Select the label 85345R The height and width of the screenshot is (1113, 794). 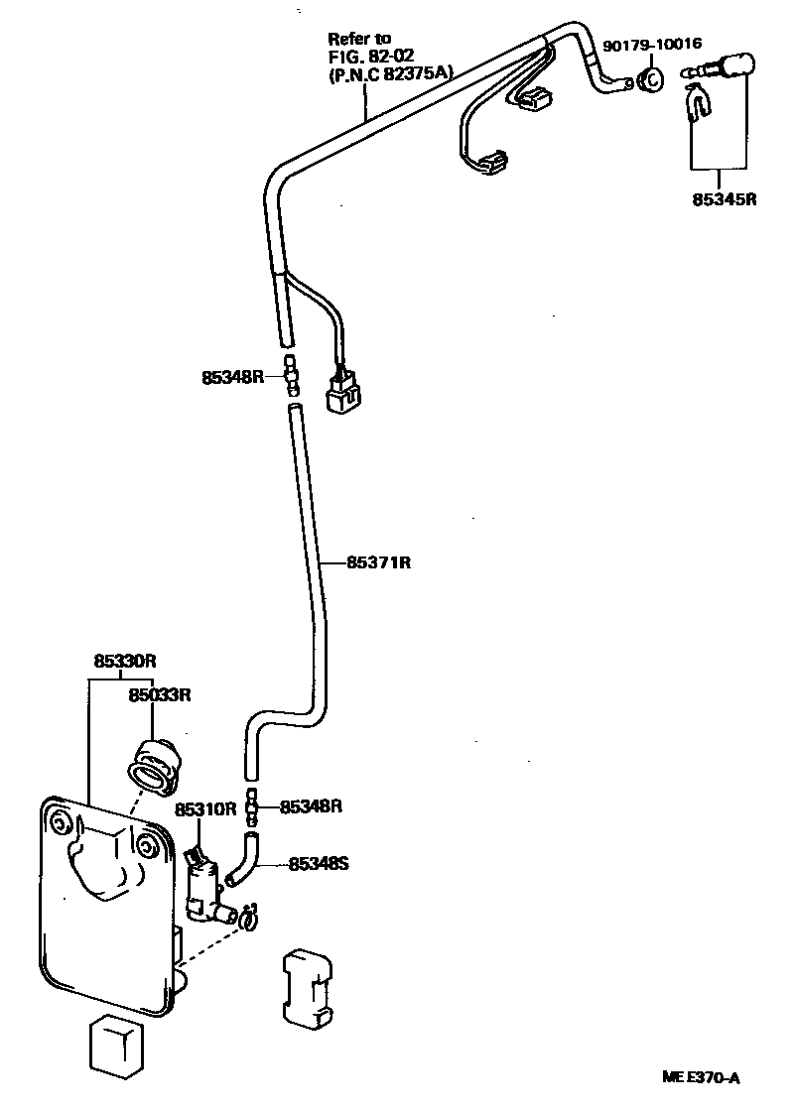tap(725, 198)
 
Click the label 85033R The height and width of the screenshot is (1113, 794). tap(158, 694)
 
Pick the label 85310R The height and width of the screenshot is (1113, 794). tap(204, 808)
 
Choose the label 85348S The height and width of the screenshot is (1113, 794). tap(319, 863)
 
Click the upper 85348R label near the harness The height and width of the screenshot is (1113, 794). tap(233, 377)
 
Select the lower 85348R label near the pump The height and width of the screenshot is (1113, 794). tap(311, 806)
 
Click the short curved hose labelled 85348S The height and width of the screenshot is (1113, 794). tap(240, 860)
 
